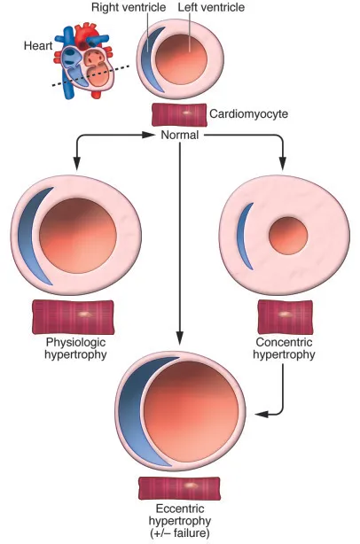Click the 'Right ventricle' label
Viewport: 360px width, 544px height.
coord(129,8)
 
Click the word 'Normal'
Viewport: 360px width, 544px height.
coord(180,136)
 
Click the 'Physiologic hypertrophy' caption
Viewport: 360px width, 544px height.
coord(73,348)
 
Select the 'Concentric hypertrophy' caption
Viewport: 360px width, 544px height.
coord(285,348)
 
